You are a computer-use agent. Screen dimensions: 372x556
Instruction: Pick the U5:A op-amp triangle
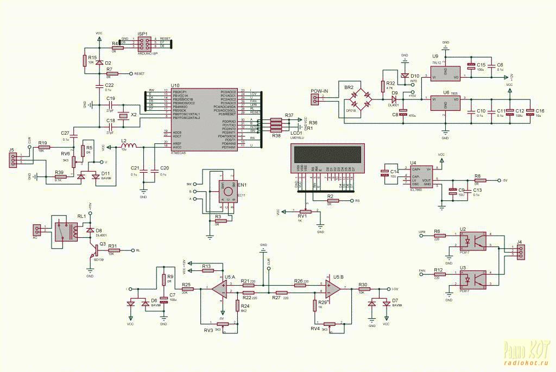click(220, 288)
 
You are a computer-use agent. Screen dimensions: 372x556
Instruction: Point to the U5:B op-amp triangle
click(334, 288)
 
